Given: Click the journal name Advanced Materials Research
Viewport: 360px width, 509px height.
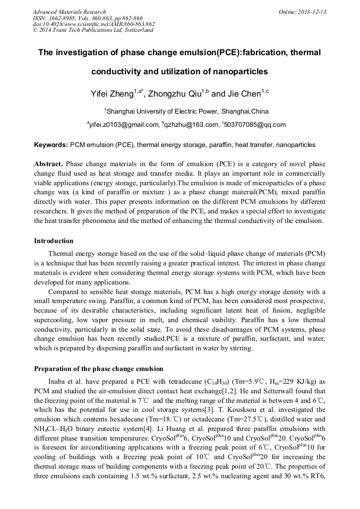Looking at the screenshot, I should click(69, 12).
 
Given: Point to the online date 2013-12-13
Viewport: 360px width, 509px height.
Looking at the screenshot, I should click(310, 12).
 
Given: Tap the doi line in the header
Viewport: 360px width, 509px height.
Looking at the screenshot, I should click(93, 24).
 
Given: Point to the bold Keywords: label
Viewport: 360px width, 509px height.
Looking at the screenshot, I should click(51, 145).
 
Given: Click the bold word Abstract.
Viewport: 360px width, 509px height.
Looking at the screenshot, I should click(49, 164).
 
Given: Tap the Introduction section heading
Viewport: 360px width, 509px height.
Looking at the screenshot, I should click(54, 241).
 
